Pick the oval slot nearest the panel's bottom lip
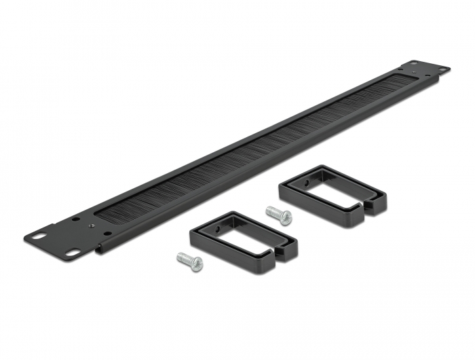tap(71, 255)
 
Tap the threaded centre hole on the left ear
tap(75, 220)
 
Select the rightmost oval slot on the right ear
tap(442, 69)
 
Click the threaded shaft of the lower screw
tap(183, 257)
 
